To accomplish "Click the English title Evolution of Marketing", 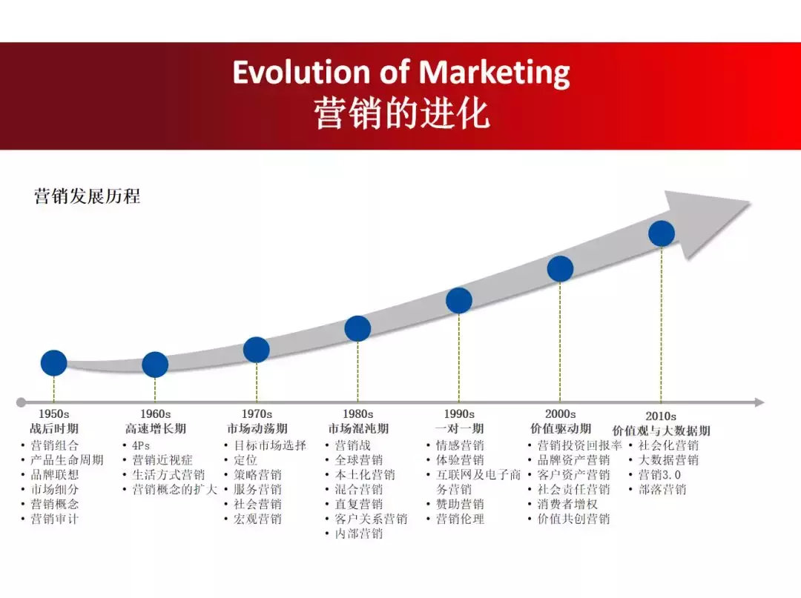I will pos(401,73).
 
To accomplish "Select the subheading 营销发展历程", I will pos(87,196).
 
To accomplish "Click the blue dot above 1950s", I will pos(53,362).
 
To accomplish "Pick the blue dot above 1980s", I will pos(357,328).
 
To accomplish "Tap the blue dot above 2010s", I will pos(661,233).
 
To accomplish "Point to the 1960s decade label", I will pos(155,414).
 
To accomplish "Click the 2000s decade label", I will pos(560,414).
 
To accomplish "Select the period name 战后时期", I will pos(53,429).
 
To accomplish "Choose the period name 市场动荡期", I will pos(257,429).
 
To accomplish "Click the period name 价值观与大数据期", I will pos(661,431).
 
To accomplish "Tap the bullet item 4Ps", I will pos(141,445).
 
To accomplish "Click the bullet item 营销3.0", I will pos(659,475).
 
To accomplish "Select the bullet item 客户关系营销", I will pos(371,519).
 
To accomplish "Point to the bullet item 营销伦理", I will pos(460,519).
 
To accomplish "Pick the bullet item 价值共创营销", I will pos(573,519).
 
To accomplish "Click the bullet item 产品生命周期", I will pos(67,460).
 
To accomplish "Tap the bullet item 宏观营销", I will pos(257,519).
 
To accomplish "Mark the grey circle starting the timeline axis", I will pos(21,402).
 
